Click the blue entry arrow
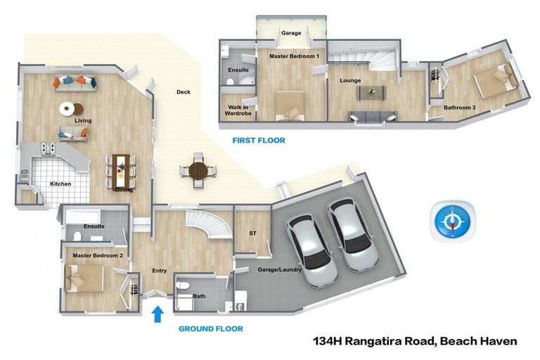(x=157, y=312)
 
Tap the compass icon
(x=452, y=221)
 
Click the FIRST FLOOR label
(x=259, y=141)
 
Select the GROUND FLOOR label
(x=210, y=328)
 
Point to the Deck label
(x=183, y=92)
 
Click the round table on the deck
(x=199, y=169)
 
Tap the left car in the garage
(x=307, y=240)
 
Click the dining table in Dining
(x=122, y=169)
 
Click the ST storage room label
(x=252, y=233)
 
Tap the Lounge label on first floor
(x=350, y=81)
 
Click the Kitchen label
(x=60, y=184)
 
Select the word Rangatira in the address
(x=392, y=342)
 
